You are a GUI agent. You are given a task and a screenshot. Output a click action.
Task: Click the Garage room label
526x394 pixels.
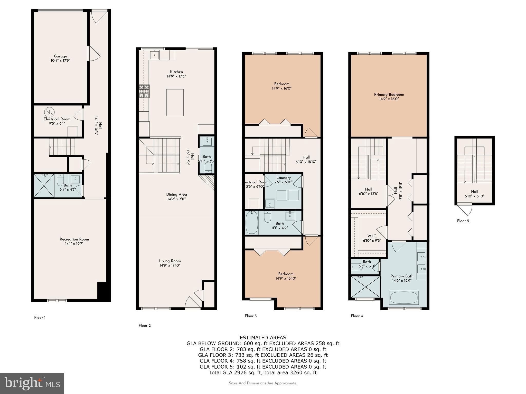click(x=60, y=56)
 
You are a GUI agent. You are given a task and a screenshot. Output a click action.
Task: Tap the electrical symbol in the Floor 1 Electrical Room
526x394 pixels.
click(x=49, y=112)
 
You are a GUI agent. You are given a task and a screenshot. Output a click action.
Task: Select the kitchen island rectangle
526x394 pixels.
click(x=175, y=103)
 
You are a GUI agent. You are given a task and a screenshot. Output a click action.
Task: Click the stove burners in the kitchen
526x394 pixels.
click(x=144, y=91)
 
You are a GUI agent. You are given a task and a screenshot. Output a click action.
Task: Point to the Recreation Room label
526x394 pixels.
click(x=74, y=239)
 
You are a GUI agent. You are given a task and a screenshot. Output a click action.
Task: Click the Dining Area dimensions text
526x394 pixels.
click(x=176, y=199)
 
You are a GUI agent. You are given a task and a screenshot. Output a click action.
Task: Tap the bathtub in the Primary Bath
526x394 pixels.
click(x=404, y=298)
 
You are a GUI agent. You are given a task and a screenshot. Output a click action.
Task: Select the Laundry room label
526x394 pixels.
click(x=284, y=178)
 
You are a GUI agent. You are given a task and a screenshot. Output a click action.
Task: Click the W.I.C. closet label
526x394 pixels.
click(x=372, y=236)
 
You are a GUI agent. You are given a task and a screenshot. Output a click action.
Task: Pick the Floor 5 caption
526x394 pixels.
click(x=463, y=221)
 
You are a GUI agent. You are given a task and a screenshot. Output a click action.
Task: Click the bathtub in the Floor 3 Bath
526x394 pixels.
click(x=252, y=222)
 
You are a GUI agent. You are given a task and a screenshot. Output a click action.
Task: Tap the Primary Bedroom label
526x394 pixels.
click(x=389, y=94)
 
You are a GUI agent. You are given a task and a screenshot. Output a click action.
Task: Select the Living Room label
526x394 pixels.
click(x=170, y=261)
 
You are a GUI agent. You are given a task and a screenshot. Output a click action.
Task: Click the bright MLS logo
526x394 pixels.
click(x=32, y=383)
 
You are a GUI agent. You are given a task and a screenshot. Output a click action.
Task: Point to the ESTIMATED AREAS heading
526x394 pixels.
click(x=263, y=338)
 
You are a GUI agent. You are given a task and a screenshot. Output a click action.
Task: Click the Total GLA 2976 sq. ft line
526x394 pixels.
click(x=263, y=373)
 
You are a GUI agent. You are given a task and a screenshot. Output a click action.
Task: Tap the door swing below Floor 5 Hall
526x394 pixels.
click(x=464, y=209)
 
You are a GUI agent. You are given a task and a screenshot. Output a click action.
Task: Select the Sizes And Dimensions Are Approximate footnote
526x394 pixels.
click(x=263, y=383)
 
